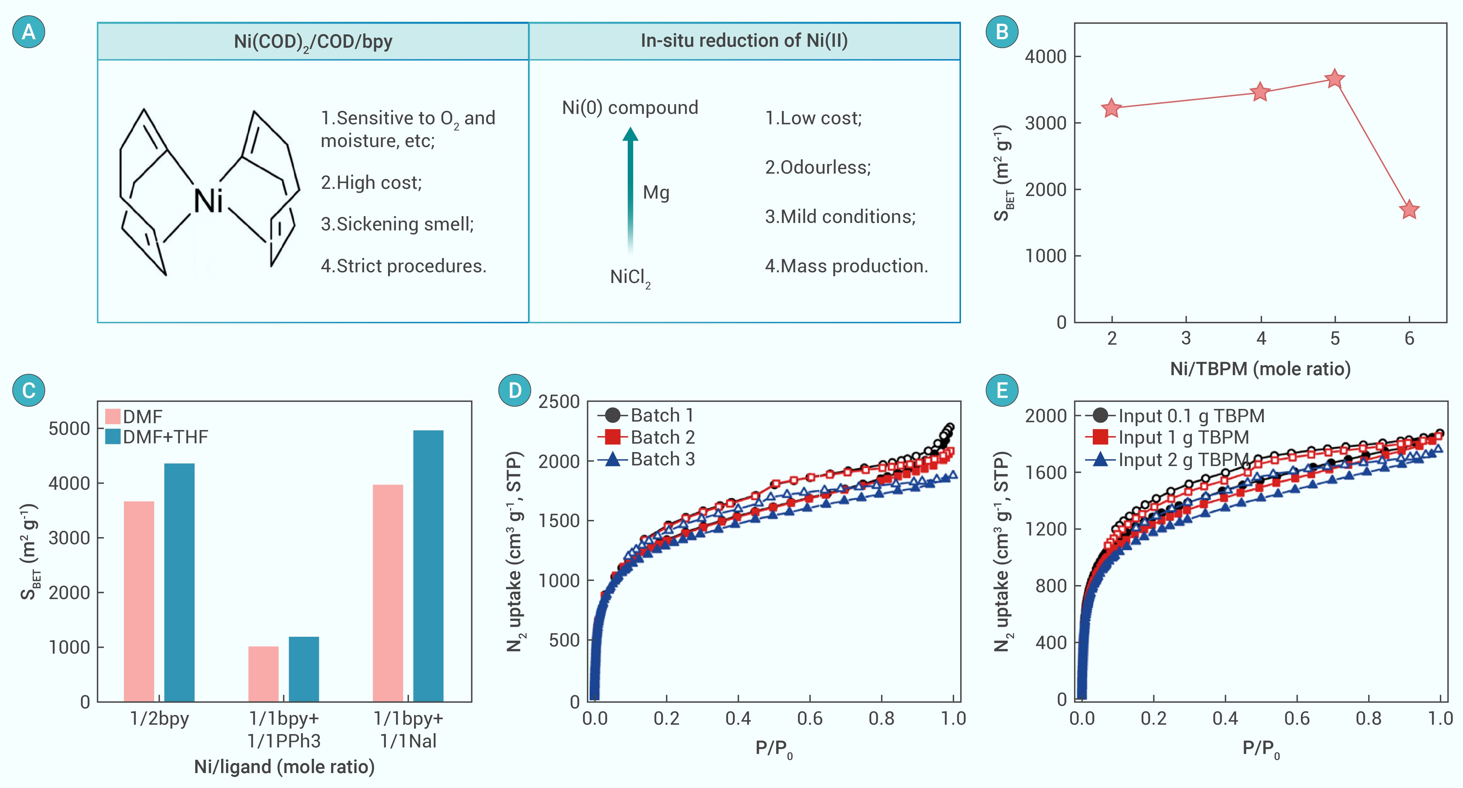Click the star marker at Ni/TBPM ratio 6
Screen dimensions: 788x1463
click(x=1409, y=210)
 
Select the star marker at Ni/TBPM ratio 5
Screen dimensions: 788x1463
click(x=1335, y=79)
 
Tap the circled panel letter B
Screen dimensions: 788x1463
click(x=1002, y=32)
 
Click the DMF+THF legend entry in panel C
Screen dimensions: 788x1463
click(x=157, y=437)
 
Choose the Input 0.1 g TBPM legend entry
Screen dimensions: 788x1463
click(x=1176, y=415)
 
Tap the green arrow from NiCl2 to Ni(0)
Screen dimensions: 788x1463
click(x=630, y=190)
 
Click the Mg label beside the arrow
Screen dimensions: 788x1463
click(x=656, y=192)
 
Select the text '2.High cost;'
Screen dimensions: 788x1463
click(x=372, y=183)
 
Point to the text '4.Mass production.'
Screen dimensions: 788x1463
click(x=846, y=266)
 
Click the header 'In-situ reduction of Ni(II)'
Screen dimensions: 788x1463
click(x=744, y=41)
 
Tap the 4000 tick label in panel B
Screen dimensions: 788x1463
click(x=1045, y=57)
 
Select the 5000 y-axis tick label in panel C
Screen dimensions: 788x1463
click(x=69, y=429)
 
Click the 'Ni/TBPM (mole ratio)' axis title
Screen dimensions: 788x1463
click(x=1260, y=369)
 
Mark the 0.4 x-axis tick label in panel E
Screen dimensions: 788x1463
click(x=1225, y=719)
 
